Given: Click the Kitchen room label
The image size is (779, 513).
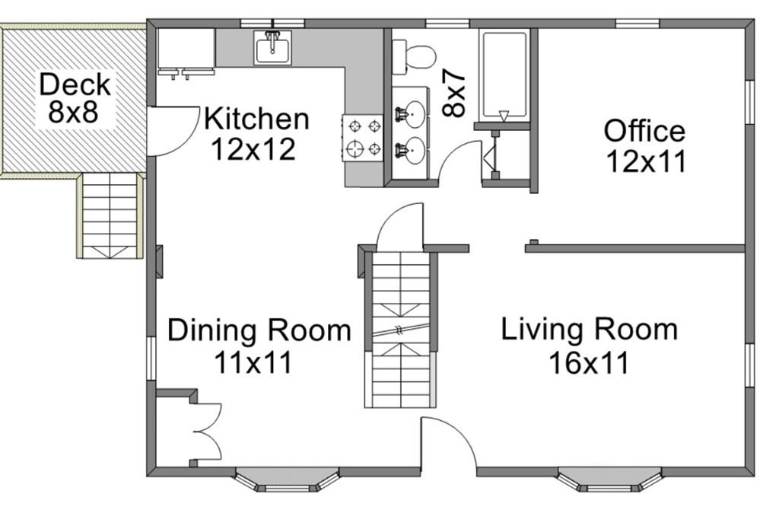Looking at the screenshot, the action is [256, 119].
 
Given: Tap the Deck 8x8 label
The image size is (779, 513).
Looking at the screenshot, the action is [75, 98].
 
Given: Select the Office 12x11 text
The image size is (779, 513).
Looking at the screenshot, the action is [645, 145].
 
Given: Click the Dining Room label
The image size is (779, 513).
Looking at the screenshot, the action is [259, 330].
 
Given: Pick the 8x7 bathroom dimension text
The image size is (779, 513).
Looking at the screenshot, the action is [454, 92].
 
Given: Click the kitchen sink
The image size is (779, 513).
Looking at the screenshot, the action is [273, 48].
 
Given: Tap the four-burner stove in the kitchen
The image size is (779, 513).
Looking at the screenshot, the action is [362, 139].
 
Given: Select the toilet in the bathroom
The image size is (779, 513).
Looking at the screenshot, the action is [413, 53].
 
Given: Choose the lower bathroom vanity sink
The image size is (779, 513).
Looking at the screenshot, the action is [410, 149].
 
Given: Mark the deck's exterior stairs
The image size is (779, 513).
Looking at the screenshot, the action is [110, 215].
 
